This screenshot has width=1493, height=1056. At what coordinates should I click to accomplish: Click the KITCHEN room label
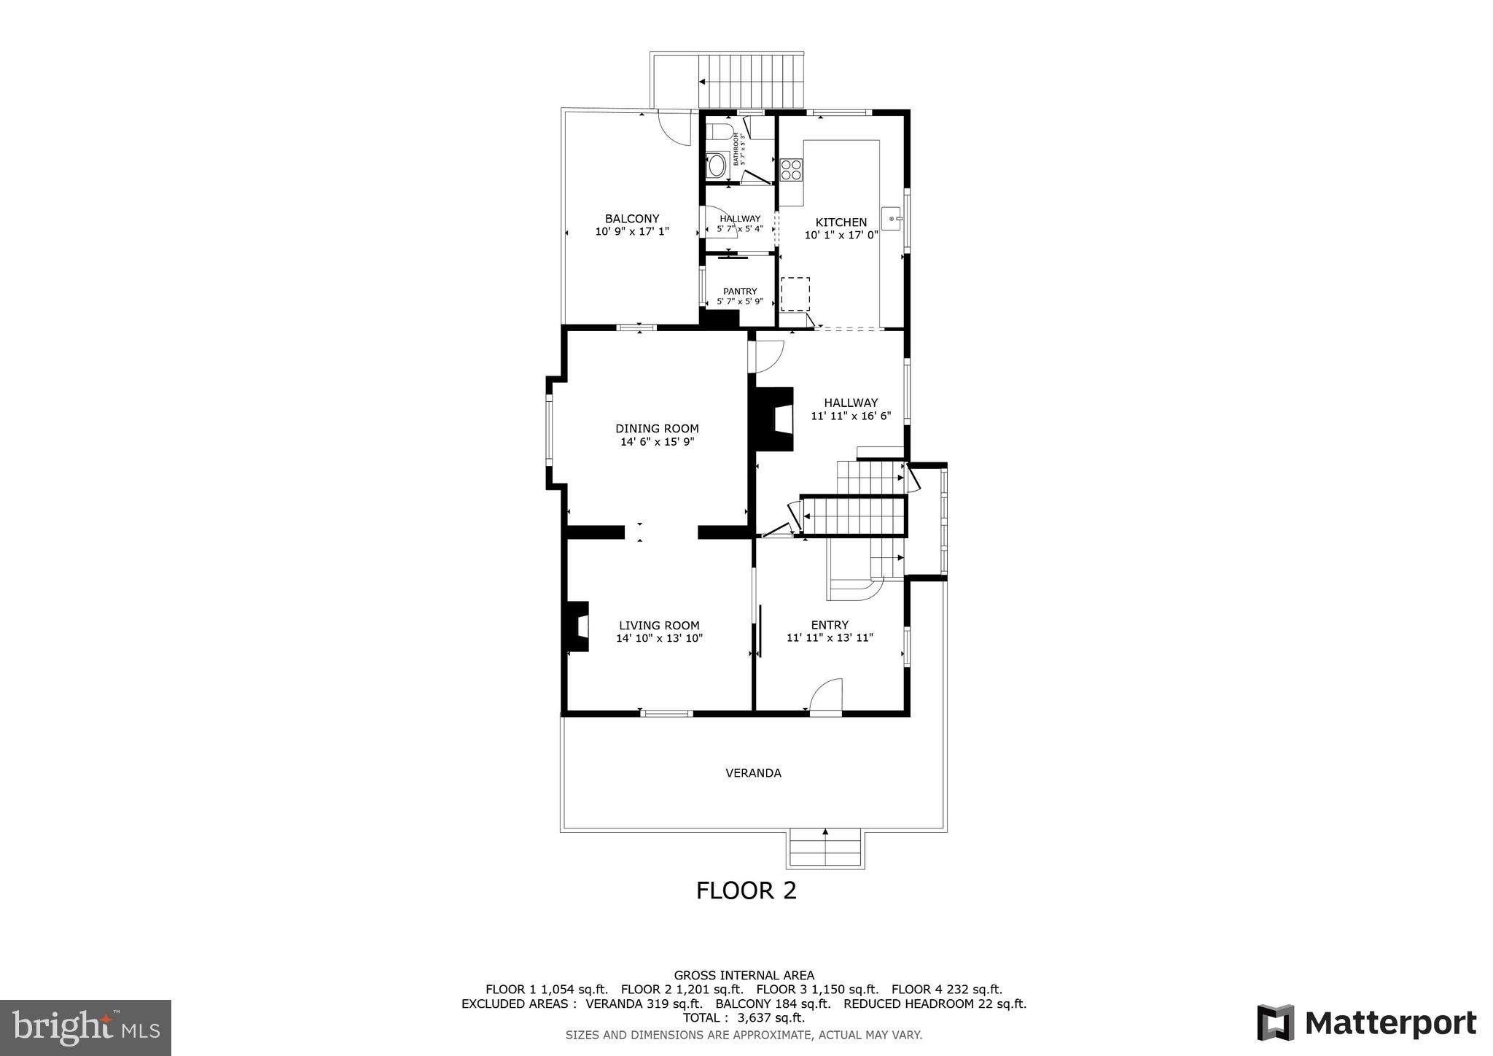[841, 222]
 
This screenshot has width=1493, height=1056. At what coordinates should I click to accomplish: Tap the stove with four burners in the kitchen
[791, 170]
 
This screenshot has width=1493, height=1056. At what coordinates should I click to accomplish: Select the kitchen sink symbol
[892, 218]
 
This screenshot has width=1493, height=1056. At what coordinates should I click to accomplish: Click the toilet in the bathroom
[719, 133]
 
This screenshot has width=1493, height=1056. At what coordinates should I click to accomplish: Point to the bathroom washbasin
[715, 166]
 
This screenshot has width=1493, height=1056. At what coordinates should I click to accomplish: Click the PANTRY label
[739, 291]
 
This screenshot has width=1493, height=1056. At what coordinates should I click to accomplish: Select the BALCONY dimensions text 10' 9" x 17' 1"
[632, 231]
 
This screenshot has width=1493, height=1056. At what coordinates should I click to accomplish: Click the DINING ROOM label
[657, 429]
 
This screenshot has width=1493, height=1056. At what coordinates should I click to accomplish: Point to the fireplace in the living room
[577, 626]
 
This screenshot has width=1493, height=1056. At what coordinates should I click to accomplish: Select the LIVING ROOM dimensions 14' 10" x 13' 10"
[659, 638]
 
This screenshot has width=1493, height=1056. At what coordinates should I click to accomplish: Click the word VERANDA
[753, 773]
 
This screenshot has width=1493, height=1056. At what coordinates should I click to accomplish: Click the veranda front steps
[825, 849]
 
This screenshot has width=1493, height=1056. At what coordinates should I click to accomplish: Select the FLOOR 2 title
[746, 890]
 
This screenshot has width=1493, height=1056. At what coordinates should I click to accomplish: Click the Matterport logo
[1366, 1022]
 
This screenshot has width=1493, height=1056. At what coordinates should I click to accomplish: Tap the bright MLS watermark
[85, 1028]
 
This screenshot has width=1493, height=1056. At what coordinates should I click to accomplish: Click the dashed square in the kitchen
[795, 294]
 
